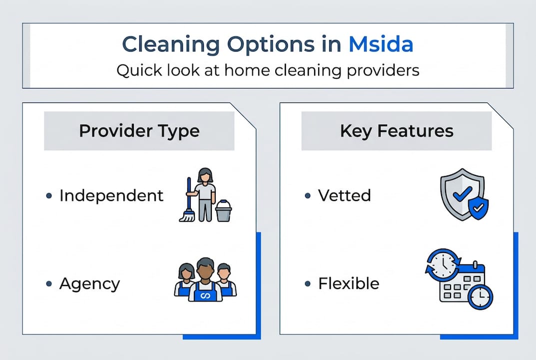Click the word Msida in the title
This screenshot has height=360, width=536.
pyautogui.click(x=381, y=44)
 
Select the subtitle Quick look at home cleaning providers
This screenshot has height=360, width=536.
pyautogui.click(x=268, y=70)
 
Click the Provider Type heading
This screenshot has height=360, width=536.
pyautogui.click(x=139, y=131)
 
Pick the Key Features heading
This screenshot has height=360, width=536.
pyautogui.click(x=397, y=131)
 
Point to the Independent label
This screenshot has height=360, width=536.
pyautogui.click(x=111, y=195)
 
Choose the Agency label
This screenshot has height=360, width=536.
pyautogui.click(x=90, y=284)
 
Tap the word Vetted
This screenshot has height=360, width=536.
pyautogui.click(x=345, y=195)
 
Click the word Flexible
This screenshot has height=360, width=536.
pyautogui.click(x=349, y=284)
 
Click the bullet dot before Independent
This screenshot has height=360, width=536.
pyautogui.click(x=49, y=196)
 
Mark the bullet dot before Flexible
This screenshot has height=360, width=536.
pyautogui.click(x=308, y=284)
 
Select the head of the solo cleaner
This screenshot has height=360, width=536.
pyautogui.click(x=205, y=174)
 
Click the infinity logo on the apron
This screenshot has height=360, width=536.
pyautogui.click(x=205, y=296)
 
